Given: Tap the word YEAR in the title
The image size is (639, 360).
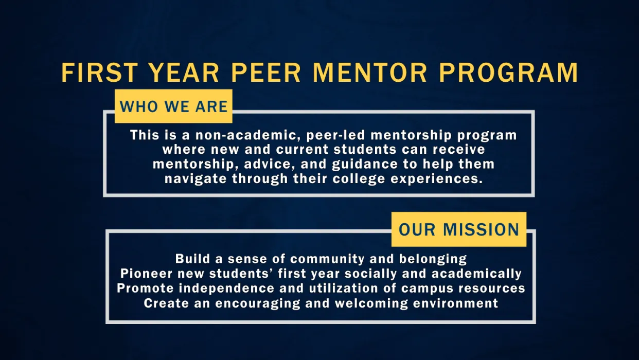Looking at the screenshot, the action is [184, 73].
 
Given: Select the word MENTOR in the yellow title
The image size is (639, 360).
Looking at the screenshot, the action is [370, 73].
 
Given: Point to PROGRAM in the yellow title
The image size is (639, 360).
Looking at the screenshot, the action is [509, 73].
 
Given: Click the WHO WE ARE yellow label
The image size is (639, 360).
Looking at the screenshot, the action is [173, 106].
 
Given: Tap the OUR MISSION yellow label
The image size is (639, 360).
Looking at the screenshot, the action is [459, 229].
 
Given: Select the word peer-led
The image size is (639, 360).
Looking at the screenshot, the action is [336, 135].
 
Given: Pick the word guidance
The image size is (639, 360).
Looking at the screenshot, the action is [365, 165].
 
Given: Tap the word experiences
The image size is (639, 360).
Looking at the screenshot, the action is [436, 179].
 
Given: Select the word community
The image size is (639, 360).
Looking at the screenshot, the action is [327, 259].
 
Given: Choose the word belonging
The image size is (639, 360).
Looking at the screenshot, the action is [433, 259].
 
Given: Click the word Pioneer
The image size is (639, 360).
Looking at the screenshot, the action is [146, 273].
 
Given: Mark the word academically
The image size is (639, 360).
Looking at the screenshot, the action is [476, 274].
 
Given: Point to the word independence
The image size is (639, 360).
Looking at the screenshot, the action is [226, 289].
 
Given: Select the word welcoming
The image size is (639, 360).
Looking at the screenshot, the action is [371, 303].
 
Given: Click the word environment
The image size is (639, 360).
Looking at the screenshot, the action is [455, 303].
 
